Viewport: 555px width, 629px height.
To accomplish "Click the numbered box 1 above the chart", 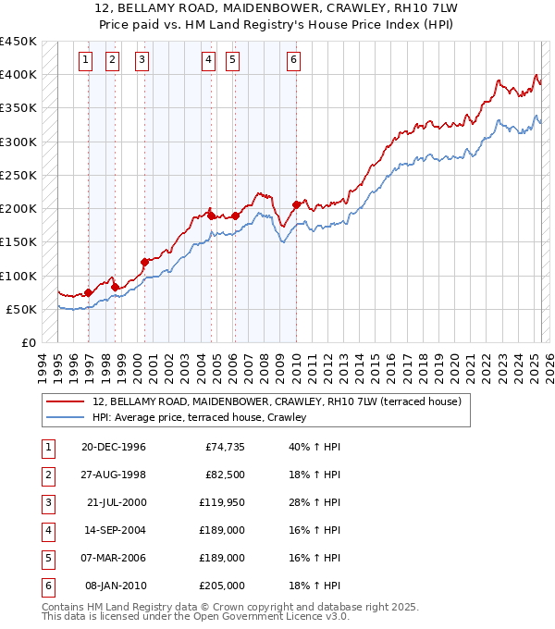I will (x=85, y=61).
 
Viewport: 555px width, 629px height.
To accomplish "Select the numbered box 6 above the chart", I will (x=293, y=61).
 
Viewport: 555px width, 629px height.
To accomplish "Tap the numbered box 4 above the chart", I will (x=208, y=61).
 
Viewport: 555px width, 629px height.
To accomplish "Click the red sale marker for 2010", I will (x=296, y=204).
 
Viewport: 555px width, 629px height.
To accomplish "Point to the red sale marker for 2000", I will (x=144, y=262).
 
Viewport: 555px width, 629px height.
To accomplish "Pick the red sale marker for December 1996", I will (x=89, y=292).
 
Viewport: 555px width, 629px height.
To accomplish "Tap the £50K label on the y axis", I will (x=22, y=309).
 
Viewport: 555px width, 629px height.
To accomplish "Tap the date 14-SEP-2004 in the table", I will (x=114, y=530).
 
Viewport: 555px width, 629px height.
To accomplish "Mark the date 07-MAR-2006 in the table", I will (x=114, y=558).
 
